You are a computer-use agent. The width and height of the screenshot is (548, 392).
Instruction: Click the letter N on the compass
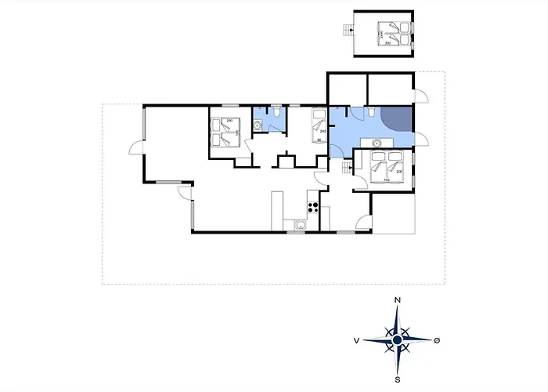(398, 300)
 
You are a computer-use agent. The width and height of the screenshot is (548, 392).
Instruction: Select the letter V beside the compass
(356, 340)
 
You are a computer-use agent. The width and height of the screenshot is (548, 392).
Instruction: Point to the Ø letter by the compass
(438, 340)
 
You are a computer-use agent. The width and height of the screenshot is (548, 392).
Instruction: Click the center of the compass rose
(398, 339)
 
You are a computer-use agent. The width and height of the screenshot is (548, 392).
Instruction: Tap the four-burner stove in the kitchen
(312, 208)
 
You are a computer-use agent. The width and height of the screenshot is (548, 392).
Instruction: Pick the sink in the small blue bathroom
(258, 124)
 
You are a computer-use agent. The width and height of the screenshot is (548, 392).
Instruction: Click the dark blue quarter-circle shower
(397, 120)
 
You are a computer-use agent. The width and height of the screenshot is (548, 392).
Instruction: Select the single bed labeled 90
(318, 125)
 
